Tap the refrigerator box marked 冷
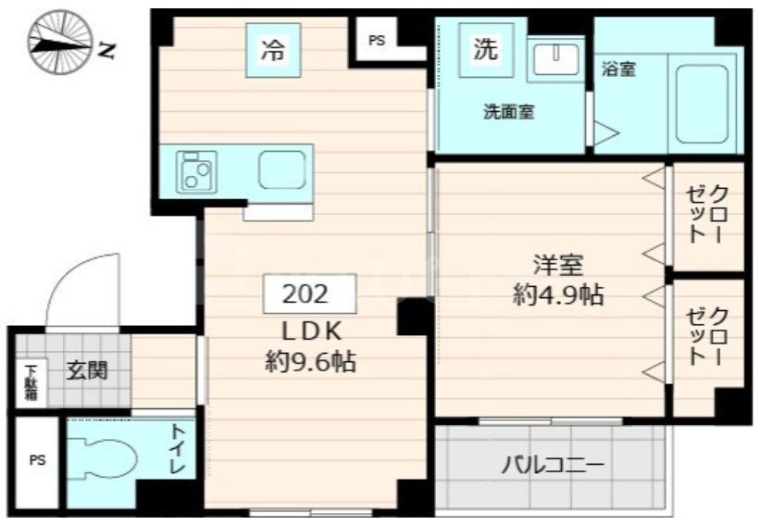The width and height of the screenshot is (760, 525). (x=272, y=50)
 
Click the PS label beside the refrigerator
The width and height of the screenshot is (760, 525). (x=375, y=41)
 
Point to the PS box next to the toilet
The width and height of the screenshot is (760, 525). (x=36, y=460)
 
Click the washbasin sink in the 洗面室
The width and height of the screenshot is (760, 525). (x=555, y=58)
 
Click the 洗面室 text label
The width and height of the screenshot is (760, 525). (x=508, y=113)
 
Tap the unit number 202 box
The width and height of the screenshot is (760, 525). (x=305, y=294)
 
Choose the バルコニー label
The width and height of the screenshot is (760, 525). (x=554, y=465)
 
